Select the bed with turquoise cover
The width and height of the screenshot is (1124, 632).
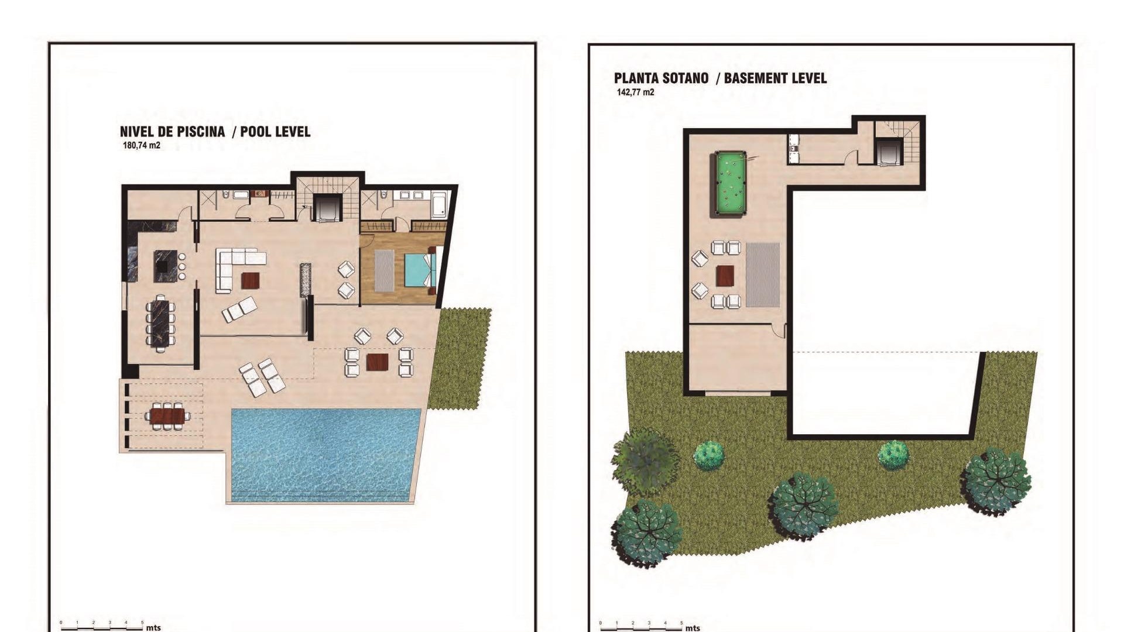(419, 270)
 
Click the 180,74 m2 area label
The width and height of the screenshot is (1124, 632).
(141, 145)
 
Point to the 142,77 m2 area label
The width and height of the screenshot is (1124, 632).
(635, 92)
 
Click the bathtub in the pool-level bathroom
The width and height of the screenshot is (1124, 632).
(439, 202)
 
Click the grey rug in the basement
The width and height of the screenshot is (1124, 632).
(763, 274)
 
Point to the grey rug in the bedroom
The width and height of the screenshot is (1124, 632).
(384, 270)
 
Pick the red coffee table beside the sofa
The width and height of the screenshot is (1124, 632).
(251, 281)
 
